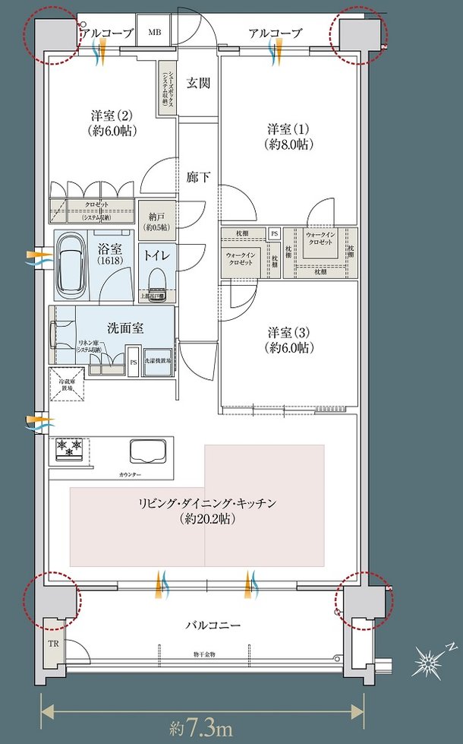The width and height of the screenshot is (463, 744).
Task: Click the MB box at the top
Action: tap(154, 33)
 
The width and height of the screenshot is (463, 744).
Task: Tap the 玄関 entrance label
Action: tap(198, 84)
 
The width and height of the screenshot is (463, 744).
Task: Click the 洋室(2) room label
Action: tap(112, 123)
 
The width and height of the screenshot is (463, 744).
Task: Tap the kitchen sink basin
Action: tap(149, 452)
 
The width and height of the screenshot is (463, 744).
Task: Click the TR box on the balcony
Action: tap(55, 641)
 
